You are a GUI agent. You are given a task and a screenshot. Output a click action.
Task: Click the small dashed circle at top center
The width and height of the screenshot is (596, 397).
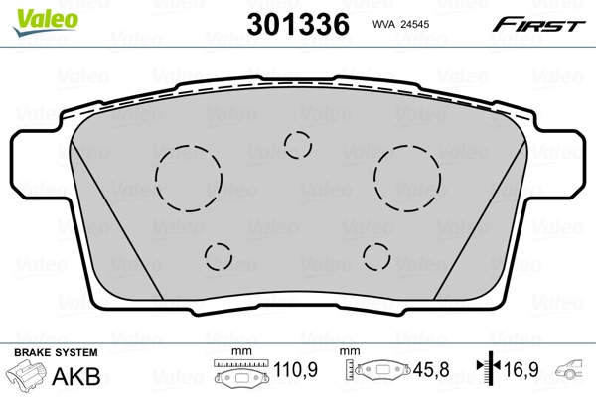297,145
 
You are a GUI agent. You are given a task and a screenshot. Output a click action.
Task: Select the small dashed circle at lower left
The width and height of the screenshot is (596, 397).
219,257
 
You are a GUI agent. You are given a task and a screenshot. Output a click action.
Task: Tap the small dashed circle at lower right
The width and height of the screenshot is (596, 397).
376,256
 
